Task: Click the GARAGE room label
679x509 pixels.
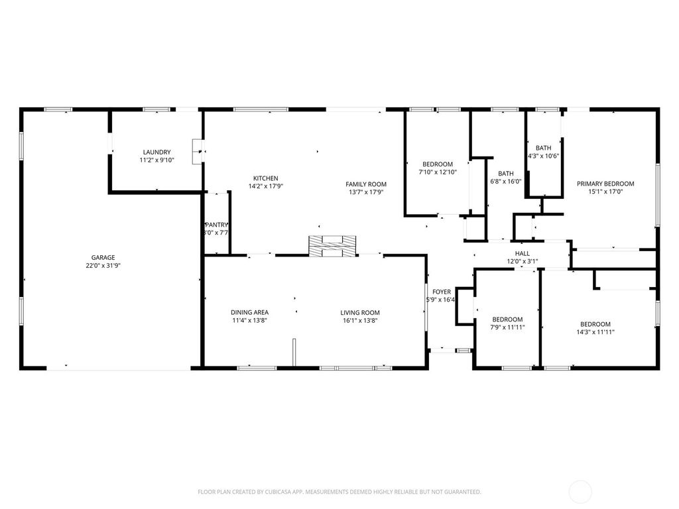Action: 103,257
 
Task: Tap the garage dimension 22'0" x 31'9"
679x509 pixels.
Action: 103,265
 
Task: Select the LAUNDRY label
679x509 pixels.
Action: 156,152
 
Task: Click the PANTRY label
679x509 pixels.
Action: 216,225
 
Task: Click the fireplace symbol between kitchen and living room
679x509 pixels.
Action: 332,245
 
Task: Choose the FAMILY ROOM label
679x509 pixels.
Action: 366,184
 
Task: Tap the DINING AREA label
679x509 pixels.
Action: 249,313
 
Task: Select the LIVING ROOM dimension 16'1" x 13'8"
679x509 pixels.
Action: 360,321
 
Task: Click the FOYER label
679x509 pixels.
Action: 442,292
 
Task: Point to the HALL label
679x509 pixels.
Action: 523,253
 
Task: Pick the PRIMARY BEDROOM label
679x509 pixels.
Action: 605,184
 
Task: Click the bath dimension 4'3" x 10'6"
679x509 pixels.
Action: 544,156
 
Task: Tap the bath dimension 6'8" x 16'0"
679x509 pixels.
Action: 506,182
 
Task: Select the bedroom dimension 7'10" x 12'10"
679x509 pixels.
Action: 438,172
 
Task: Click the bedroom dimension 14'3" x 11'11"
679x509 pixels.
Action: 595,332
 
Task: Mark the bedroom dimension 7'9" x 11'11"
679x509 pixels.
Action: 507,327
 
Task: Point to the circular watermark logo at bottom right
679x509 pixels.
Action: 581,492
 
